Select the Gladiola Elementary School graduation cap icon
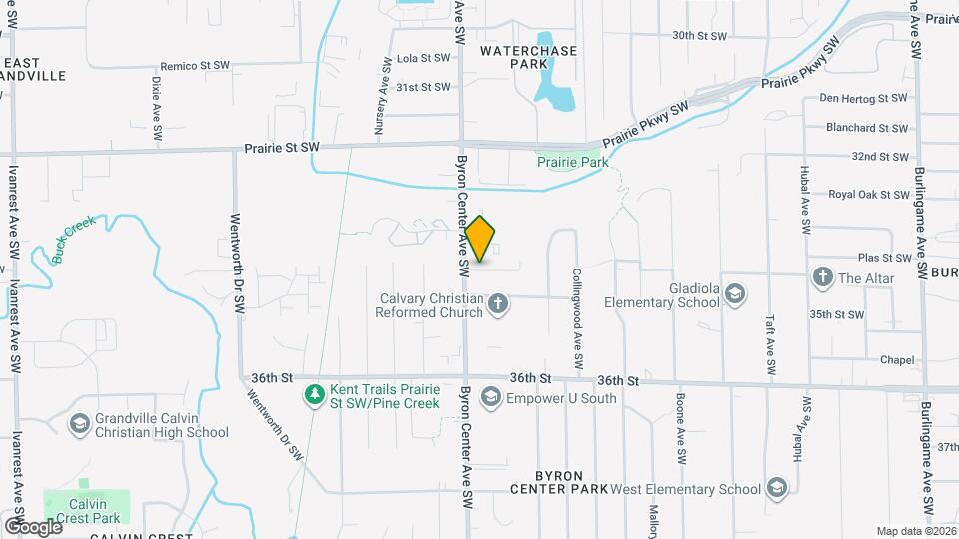(735, 295)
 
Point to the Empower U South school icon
(489, 399)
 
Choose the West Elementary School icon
(776, 488)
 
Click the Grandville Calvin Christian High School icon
(78, 425)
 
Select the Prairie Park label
(572, 161)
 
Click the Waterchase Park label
(528, 56)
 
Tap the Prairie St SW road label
(282, 148)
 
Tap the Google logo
(33, 526)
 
